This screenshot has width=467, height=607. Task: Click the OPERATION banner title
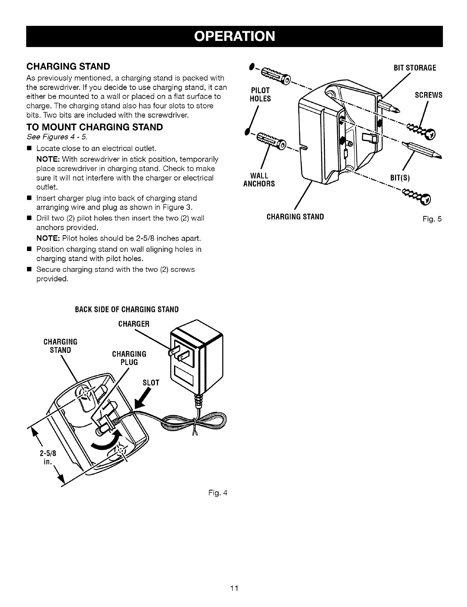tap(234, 36)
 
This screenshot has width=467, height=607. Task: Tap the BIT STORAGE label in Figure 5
tap(414, 68)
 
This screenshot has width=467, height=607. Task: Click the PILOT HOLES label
tap(261, 94)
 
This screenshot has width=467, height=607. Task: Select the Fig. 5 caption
tap(432, 219)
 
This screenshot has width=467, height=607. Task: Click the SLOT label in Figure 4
tap(151, 382)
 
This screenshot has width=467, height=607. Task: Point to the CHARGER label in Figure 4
tap(133, 324)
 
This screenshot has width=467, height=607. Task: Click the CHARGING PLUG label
tap(129, 358)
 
